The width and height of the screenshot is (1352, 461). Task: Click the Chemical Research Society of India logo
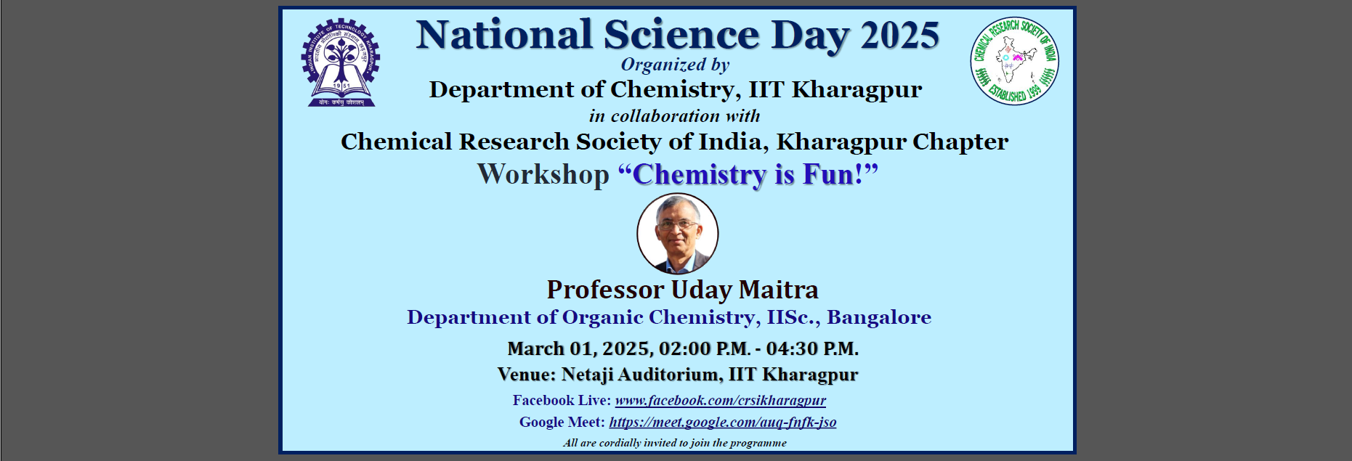tap(1015, 61)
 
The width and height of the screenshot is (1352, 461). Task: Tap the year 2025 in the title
tap(900, 36)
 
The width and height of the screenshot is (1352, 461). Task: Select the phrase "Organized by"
tap(675, 65)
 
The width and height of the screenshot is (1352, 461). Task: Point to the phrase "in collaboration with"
tap(675, 116)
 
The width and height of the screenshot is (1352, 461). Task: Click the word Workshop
tap(543, 175)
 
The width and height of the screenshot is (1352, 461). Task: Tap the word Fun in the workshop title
tap(827, 175)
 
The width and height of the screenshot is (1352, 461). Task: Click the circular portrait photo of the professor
tap(678, 234)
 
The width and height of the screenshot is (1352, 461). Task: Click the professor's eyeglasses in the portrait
tap(676, 225)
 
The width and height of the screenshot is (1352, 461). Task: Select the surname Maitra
tap(779, 290)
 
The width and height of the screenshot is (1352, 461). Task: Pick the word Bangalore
tap(879, 317)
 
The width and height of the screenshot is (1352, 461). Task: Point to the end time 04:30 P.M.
tap(812, 349)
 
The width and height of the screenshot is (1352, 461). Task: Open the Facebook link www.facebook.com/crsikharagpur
tap(721, 400)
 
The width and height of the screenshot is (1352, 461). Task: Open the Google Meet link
tap(723, 422)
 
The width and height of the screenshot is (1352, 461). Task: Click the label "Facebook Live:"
tap(562, 400)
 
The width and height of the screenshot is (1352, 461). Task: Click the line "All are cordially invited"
tap(675, 443)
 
